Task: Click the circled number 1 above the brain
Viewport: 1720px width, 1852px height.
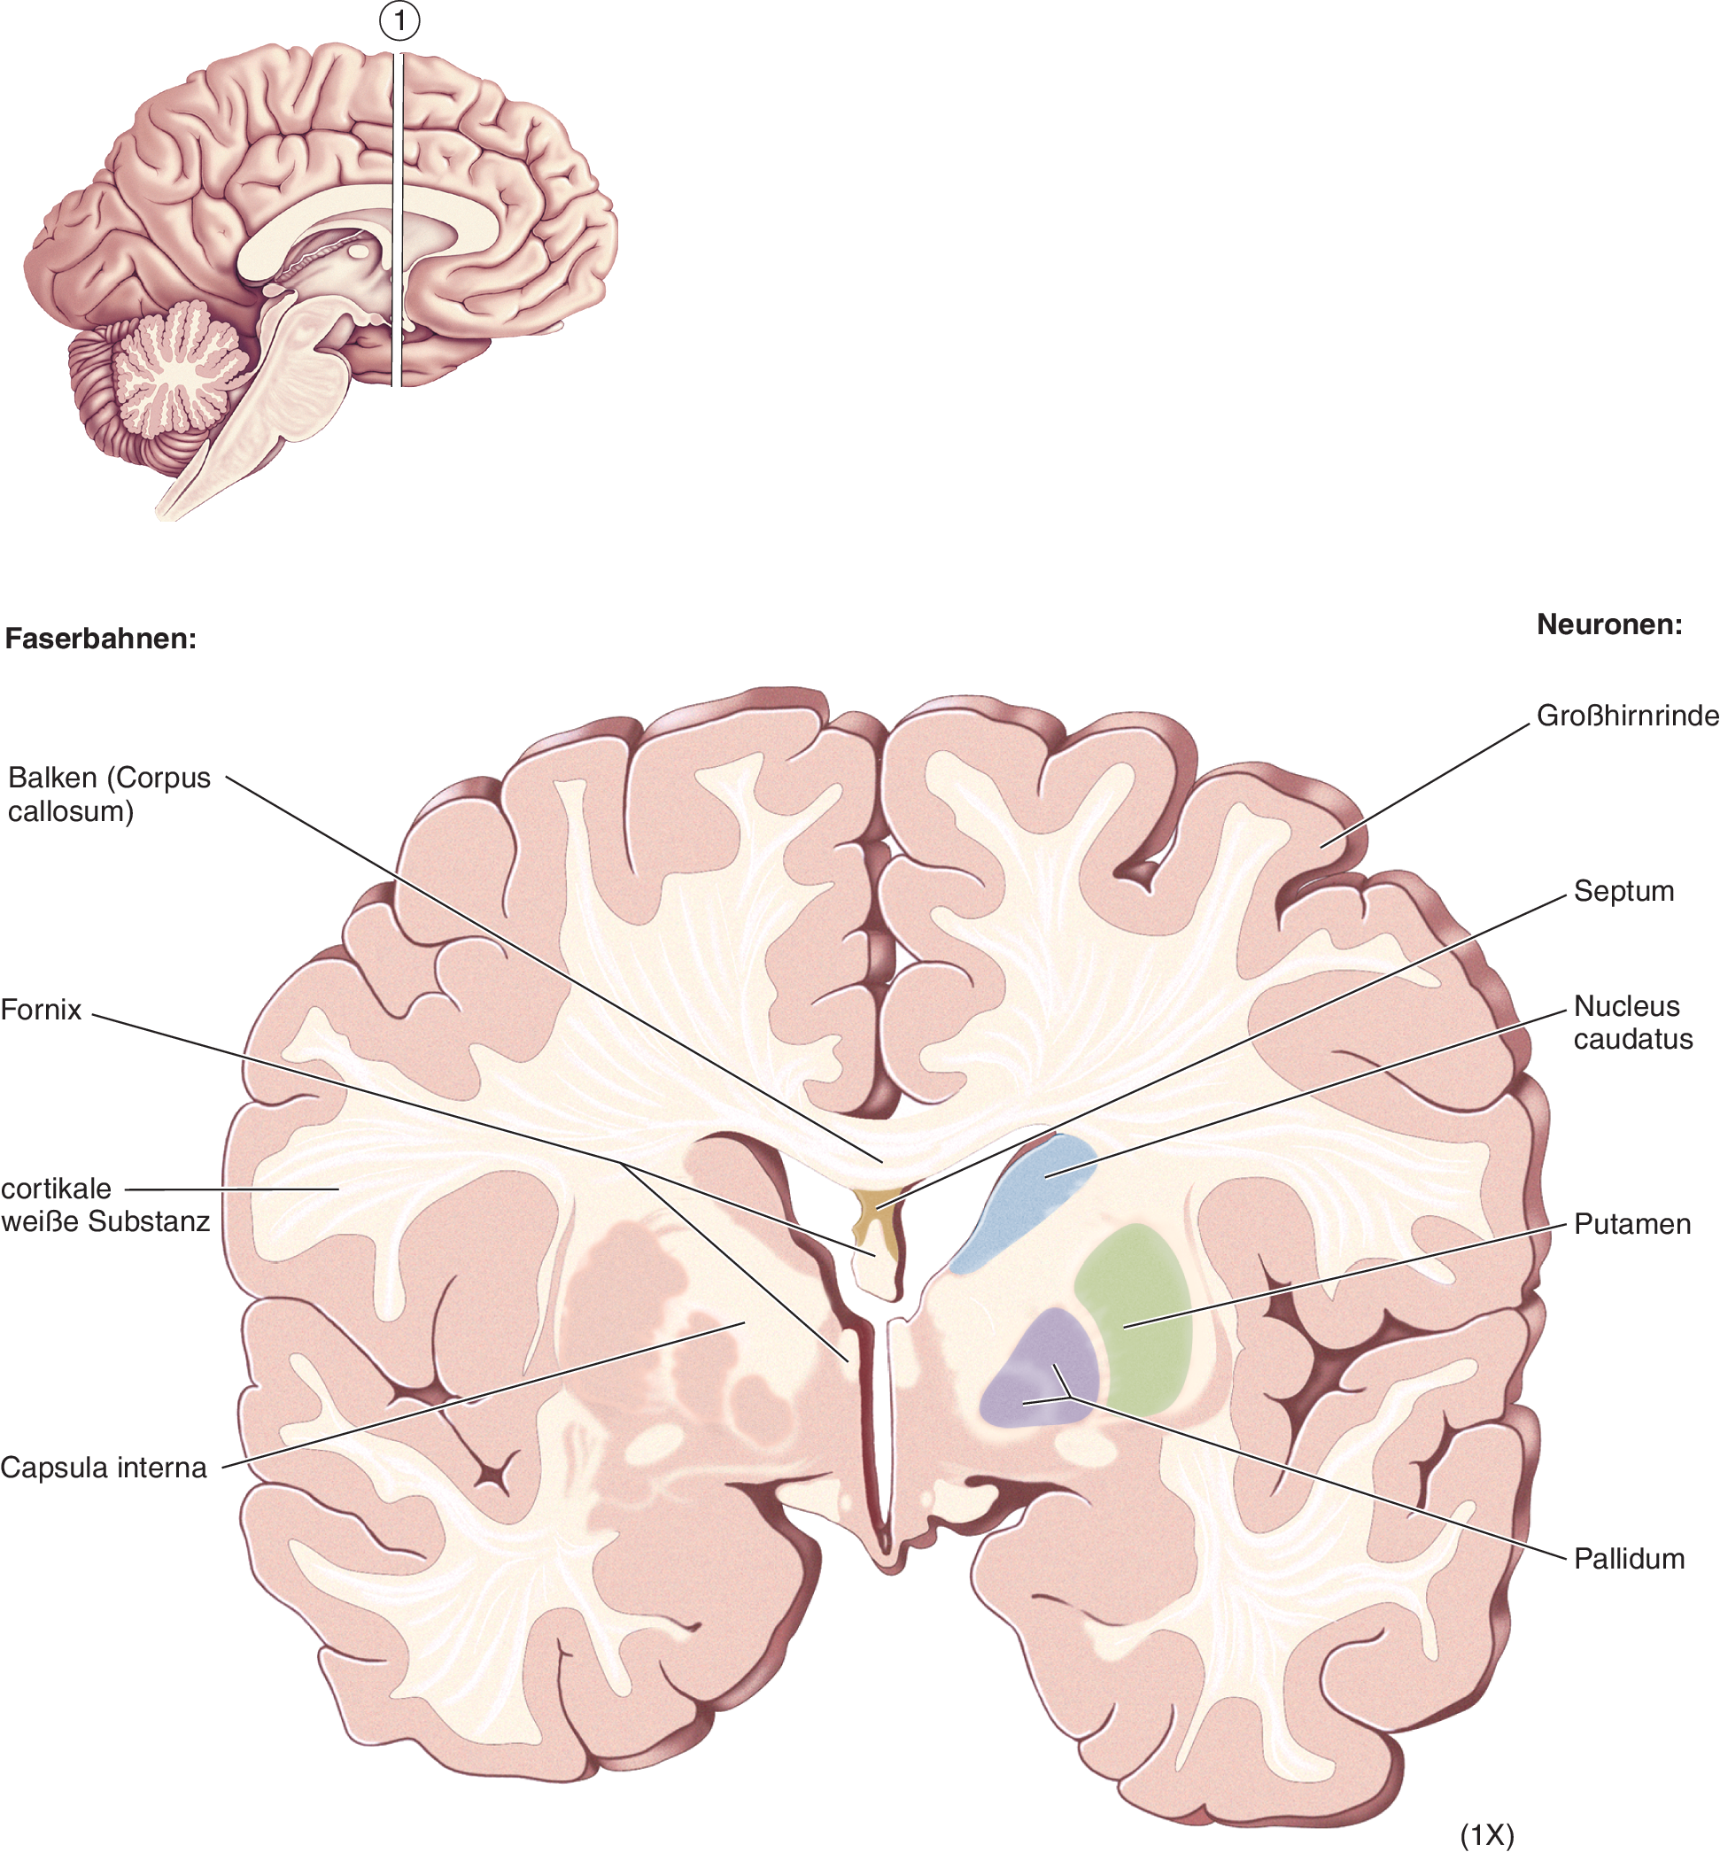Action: point(400,20)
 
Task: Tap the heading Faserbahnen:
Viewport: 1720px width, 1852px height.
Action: point(100,639)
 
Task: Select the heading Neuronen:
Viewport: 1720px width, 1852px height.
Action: point(1609,624)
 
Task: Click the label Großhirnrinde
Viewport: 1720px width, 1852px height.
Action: point(1627,716)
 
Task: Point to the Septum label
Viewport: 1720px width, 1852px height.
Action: point(1623,891)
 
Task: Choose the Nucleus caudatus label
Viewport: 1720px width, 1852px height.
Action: point(1632,1022)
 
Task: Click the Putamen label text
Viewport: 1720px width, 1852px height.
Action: point(1631,1224)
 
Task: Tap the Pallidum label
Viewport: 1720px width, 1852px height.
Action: point(1629,1559)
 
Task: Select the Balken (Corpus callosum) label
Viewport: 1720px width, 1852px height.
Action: point(109,794)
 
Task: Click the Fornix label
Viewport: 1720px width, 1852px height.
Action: point(41,1010)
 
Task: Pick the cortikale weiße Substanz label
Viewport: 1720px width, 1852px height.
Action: point(105,1205)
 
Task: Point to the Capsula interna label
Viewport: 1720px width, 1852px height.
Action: point(104,1468)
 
